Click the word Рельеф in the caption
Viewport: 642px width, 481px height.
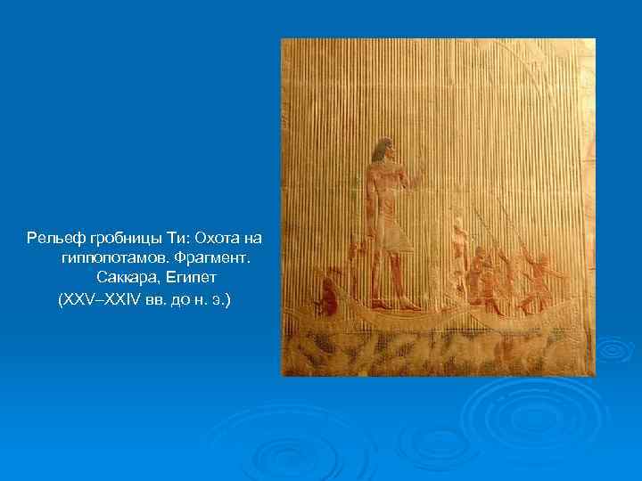[x=53, y=239]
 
